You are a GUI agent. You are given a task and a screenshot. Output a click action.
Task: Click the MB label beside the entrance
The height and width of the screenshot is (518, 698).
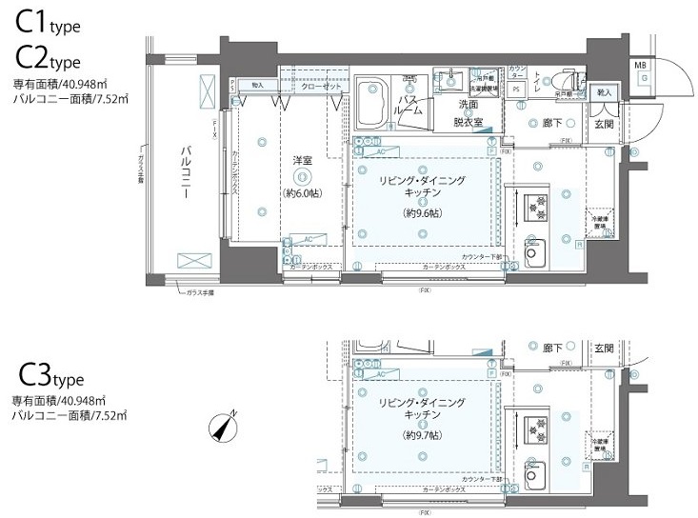[x=640, y=65]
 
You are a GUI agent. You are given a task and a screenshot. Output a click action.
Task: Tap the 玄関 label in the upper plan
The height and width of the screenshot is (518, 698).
[x=605, y=123]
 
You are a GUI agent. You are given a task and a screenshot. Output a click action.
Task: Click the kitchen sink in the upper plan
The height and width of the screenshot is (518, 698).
[x=532, y=255]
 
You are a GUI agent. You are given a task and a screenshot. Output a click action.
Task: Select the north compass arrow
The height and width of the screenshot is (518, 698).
[x=225, y=428]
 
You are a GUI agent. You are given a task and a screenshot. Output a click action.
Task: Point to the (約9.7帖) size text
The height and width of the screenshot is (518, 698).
[x=422, y=435]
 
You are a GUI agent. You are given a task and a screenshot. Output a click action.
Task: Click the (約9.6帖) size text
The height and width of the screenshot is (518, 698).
[x=422, y=212]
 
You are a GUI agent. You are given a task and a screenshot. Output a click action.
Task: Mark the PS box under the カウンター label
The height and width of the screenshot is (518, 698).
[x=516, y=90]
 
